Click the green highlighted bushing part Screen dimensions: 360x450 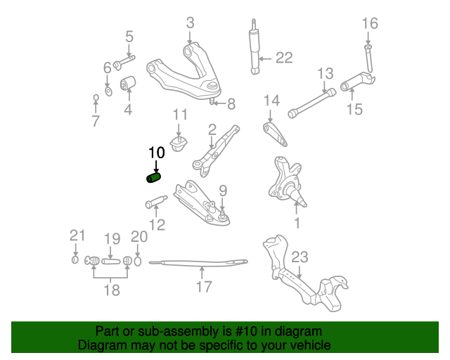(153, 178)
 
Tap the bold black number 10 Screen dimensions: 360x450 (156, 152)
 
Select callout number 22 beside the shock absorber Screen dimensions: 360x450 (283, 58)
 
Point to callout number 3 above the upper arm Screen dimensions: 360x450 (190, 23)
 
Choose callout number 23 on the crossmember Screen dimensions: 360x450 (300, 256)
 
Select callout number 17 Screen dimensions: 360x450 (203, 287)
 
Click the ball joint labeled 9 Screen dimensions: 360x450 (222, 214)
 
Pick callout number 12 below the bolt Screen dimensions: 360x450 (157, 225)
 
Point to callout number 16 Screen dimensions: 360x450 (370, 23)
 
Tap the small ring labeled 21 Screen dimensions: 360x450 (75, 262)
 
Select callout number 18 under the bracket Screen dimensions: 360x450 (111, 290)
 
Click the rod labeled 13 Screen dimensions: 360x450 (309, 102)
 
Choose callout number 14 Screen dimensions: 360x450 (271, 101)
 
